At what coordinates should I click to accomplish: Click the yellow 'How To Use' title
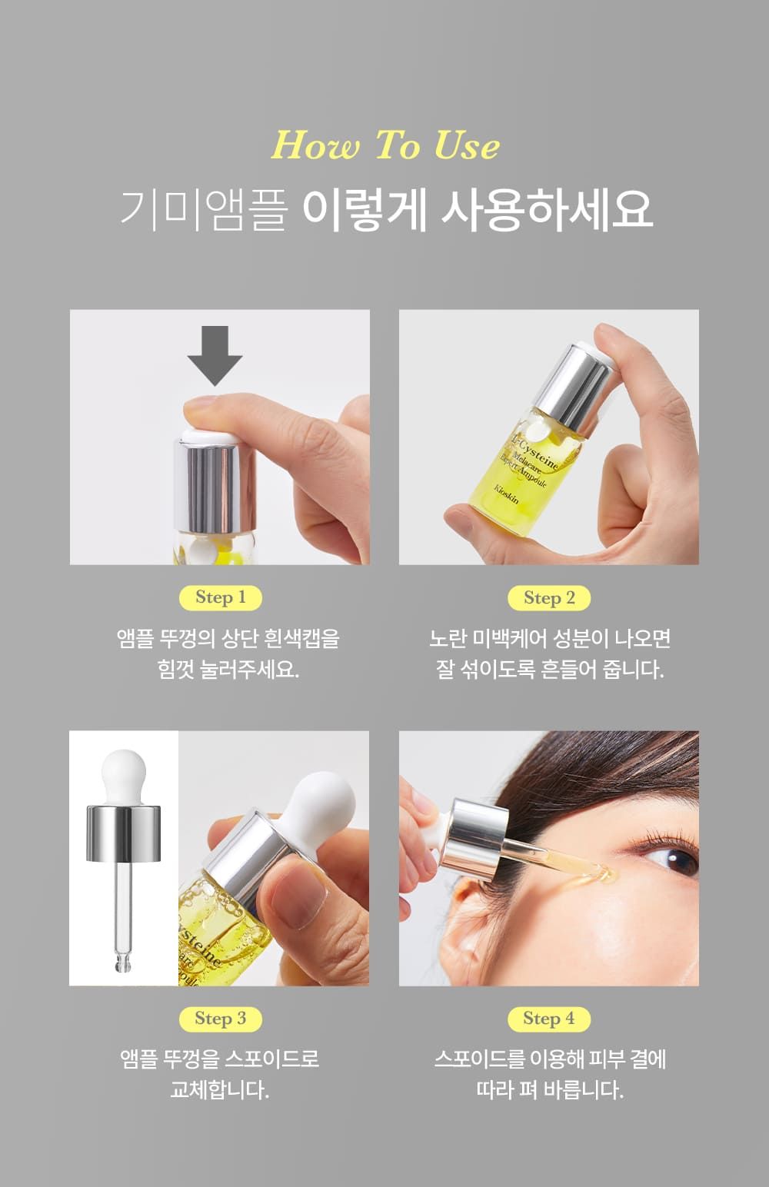click(x=385, y=145)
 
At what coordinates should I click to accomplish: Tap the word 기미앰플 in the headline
click(x=204, y=211)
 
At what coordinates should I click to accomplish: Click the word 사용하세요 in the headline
click(x=547, y=211)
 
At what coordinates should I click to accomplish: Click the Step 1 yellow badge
click(x=221, y=597)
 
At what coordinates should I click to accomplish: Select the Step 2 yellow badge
click(x=549, y=598)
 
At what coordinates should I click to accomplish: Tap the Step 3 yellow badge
click(x=221, y=1018)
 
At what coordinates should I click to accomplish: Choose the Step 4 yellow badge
click(x=549, y=1018)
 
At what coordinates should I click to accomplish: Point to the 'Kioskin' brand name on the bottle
click(x=507, y=494)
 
